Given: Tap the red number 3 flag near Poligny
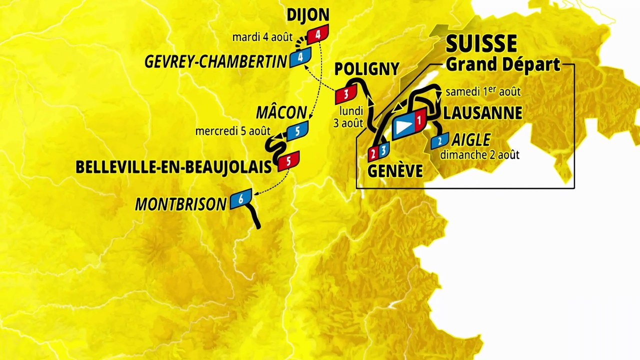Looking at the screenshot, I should pos(345,93).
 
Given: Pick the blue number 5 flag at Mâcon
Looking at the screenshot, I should pos(297,131).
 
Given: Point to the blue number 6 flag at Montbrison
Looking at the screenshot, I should pos(240,199).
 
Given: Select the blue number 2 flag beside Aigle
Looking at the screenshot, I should pos(440,141).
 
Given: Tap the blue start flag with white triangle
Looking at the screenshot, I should pos(404,127).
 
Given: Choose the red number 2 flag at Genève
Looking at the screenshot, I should pos(373,152).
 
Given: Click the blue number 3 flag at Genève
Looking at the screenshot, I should pos(383,149).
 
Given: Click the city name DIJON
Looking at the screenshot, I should pos(307,15).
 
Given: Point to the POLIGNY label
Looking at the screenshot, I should pos(367,69).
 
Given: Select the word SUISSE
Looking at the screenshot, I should pos(481,44).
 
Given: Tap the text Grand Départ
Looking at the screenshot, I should pos(502,64).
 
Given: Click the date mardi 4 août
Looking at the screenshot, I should pos(262,37).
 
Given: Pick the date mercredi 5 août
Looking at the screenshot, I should pos(232,131).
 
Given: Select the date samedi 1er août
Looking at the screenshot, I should pos(483,92).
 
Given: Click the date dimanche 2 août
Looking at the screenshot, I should pos(479,154).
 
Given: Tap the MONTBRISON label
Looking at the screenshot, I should pos(181,204).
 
